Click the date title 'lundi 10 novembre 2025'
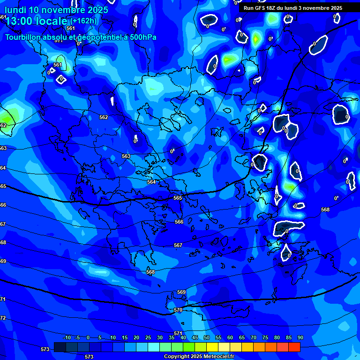click(56, 9)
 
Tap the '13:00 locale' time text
click(37, 21)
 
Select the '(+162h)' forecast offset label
click(83, 21)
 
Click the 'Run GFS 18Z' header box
click(293, 8)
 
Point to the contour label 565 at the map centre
click(178, 198)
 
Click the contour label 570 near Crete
click(178, 310)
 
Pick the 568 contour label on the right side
click(325, 210)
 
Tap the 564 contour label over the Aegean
click(151, 182)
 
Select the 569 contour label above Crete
click(181, 292)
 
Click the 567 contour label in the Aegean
click(178, 245)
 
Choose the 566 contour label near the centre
click(179, 222)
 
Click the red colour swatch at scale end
click(294, 347)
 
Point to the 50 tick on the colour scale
click(207, 338)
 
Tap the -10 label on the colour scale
click(67, 338)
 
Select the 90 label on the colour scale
click(300, 338)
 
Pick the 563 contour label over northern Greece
click(126, 156)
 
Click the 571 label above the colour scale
click(178, 333)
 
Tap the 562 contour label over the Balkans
click(104, 117)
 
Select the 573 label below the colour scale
click(89, 357)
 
